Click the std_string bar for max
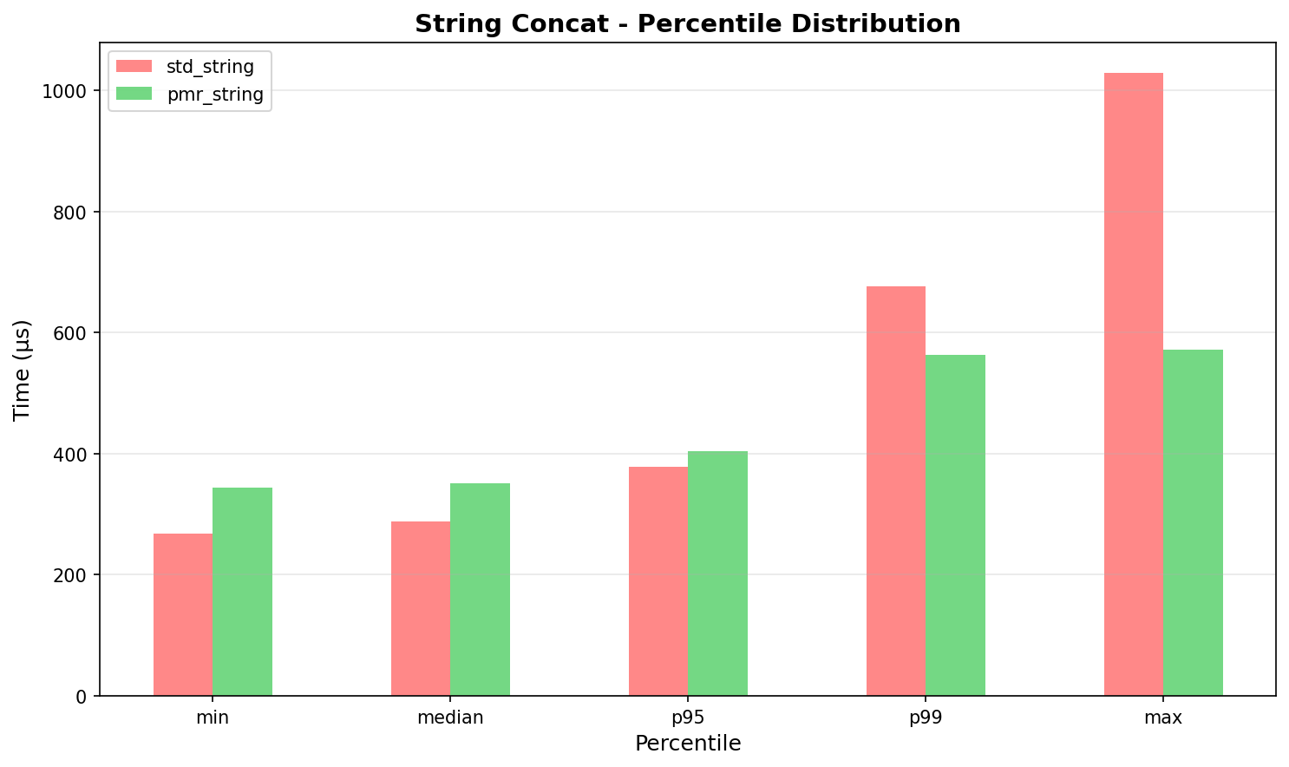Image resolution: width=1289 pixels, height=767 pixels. (x=1133, y=384)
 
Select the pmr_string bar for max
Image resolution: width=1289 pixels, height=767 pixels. (x=1193, y=522)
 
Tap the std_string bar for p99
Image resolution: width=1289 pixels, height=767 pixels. (x=895, y=491)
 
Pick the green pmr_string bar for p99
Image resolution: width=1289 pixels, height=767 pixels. (x=955, y=525)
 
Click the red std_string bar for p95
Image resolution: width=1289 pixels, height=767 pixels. (x=658, y=581)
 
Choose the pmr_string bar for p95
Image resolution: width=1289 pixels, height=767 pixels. (x=717, y=574)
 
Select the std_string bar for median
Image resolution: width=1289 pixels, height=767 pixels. (x=420, y=608)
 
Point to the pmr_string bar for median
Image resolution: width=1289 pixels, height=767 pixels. (x=480, y=589)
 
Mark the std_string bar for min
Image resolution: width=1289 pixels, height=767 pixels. (x=182, y=614)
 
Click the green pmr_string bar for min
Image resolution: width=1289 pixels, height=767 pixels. (x=242, y=592)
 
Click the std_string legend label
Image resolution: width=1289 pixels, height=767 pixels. (x=210, y=67)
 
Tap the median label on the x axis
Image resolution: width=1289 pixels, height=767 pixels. (x=450, y=718)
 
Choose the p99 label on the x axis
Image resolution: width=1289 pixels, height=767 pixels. (x=926, y=718)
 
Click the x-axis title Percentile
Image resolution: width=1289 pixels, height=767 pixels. (x=687, y=744)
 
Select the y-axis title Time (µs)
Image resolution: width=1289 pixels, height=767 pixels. (x=23, y=370)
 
